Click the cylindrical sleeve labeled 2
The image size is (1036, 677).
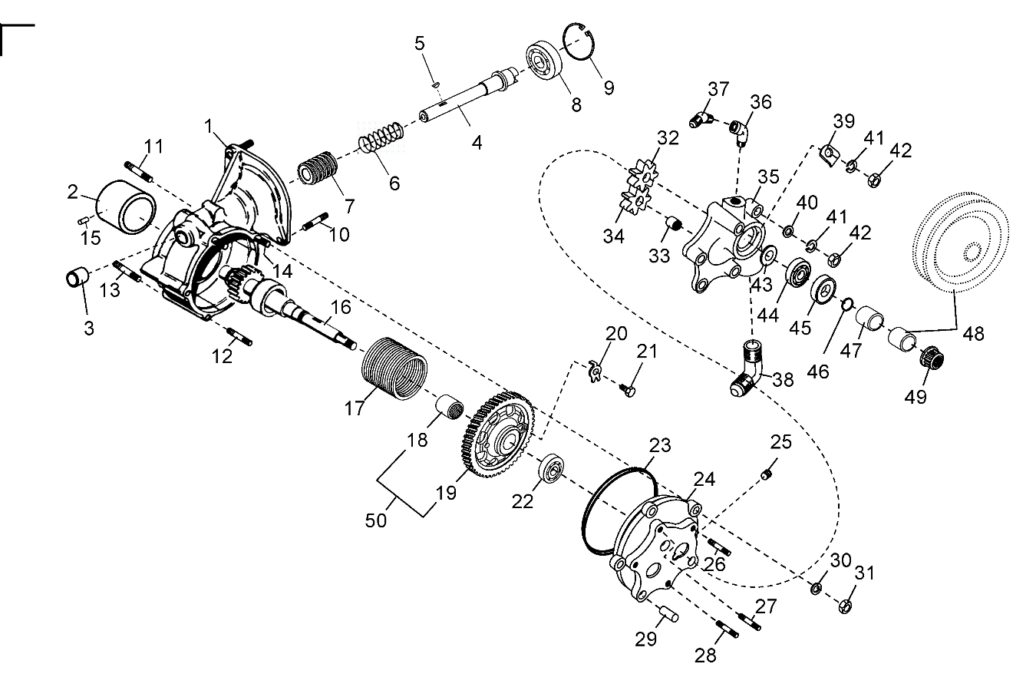point(126,205)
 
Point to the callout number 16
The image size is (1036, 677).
point(340,307)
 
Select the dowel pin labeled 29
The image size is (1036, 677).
point(667,615)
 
